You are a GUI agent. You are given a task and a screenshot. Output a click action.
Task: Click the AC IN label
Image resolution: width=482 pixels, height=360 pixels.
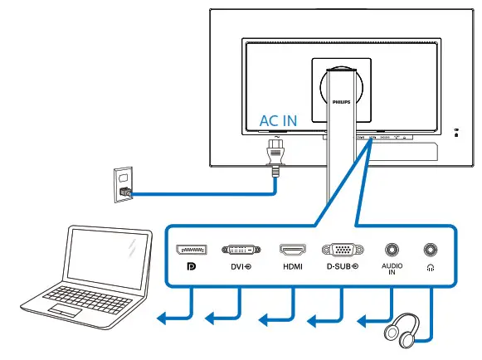click(x=278, y=120)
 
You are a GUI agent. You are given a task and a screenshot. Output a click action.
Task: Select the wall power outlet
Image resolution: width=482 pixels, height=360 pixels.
click(x=123, y=182)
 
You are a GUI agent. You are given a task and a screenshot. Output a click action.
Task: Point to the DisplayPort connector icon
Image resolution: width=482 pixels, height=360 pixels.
click(x=192, y=249)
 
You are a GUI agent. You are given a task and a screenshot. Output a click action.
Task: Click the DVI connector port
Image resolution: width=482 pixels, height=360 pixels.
click(x=241, y=249)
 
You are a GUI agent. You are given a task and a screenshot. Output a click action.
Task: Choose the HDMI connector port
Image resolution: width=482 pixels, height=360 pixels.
click(x=292, y=249)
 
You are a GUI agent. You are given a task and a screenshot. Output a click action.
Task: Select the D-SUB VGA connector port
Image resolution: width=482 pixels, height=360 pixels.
click(x=341, y=249)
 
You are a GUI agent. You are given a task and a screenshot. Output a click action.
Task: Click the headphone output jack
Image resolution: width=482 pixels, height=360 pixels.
click(x=431, y=249)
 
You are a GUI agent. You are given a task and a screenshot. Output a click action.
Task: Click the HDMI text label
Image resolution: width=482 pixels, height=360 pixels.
click(x=292, y=268)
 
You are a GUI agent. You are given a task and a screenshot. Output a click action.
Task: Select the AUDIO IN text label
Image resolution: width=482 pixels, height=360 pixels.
click(x=391, y=270)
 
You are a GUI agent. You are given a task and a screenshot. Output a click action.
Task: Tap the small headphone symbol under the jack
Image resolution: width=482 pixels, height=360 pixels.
click(x=431, y=268)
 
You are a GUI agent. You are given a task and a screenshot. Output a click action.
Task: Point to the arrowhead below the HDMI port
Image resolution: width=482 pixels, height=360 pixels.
click(x=264, y=318)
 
